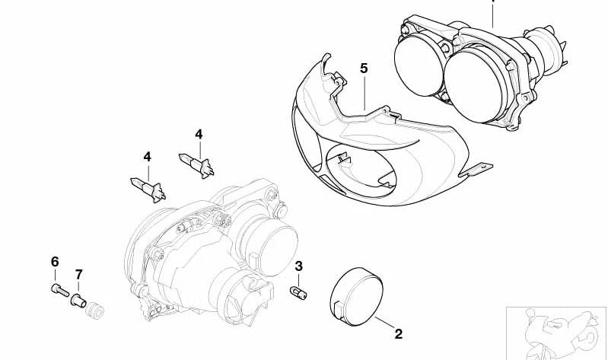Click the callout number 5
363,68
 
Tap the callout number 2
399,333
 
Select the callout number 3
298,266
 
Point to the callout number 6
55,262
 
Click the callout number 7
78,275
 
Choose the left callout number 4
147,157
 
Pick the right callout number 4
199,135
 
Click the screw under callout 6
59,290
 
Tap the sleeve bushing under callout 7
78,301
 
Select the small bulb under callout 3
299,292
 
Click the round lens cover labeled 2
356,297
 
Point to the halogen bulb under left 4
148,189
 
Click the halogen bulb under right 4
196,164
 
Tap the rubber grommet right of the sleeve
94,310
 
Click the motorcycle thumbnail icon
556,333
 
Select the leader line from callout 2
384,323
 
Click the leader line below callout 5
364,93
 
